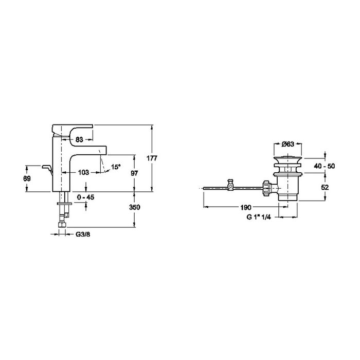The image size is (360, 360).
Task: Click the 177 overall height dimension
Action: (x=152, y=158)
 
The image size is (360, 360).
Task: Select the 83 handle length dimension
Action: (x=79, y=139)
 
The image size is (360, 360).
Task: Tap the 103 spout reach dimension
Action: (x=83, y=172)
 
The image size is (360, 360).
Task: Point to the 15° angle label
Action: (x=116, y=167)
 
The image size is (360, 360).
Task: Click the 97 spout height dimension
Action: (x=134, y=173)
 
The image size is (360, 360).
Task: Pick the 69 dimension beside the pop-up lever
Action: (x=27, y=178)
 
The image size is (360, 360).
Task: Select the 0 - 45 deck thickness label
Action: (x=85, y=197)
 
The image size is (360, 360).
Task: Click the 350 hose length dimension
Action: (x=135, y=207)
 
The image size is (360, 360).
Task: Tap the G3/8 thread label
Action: (x=83, y=235)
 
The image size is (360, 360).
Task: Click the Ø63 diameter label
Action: (x=287, y=144)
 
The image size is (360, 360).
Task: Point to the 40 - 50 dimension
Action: (x=325, y=166)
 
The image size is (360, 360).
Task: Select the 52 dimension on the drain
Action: (x=325, y=187)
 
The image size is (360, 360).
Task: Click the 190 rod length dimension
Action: (x=246, y=207)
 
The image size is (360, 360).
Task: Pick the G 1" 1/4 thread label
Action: (x=259, y=217)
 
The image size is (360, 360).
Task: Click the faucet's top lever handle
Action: (x=73, y=130)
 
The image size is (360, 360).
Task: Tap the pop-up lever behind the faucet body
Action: (x=47, y=170)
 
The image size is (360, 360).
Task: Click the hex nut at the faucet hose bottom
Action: (x=62, y=224)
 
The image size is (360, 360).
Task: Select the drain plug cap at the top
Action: (x=287, y=159)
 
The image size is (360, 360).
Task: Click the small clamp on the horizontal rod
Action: (x=230, y=185)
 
